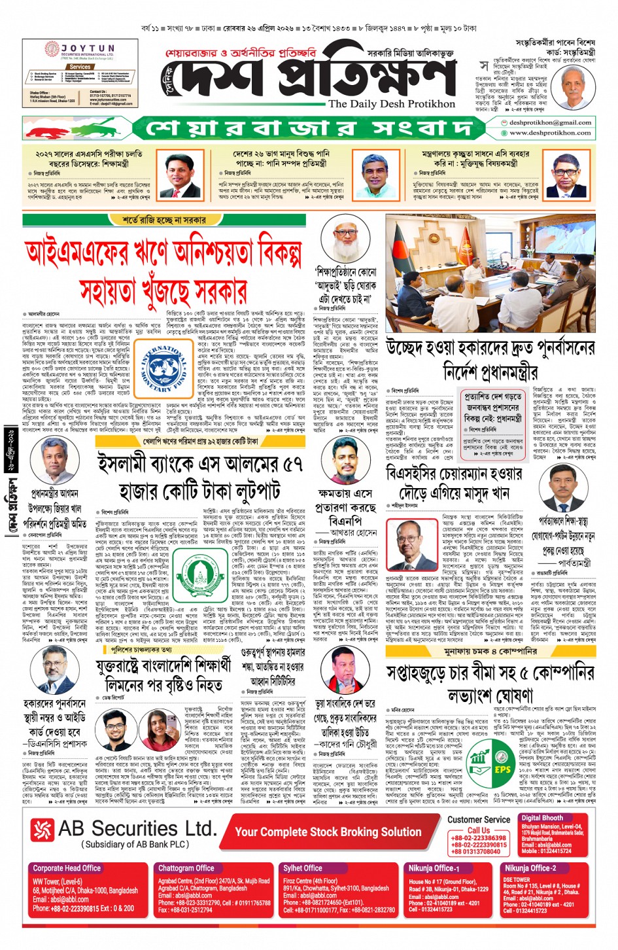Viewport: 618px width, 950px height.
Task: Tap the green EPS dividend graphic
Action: pyautogui.click(x=490, y=763)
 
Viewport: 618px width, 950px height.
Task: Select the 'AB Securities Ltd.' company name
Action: pyautogui.click(x=137, y=828)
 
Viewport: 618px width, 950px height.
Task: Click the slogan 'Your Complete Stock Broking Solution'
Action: pyautogui.click(x=328, y=832)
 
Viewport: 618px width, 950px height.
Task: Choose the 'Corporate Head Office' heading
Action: pyautogui.click(x=67, y=868)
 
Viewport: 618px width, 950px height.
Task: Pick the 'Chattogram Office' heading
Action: pyautogui.click(x=186, y=868)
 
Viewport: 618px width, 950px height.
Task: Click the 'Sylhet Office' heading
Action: pyautogui.click(x=302, y=868)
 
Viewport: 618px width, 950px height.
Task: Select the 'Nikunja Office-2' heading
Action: pyautogui.click(x=530, y=868)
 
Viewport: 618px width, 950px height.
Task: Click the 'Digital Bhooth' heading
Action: pyautogui.click(x=542, y=818)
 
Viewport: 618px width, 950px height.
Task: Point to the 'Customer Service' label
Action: pyautogui.click(x=479, y=819)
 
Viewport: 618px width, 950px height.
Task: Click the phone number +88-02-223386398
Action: pyautogui.click(x=479, y=838)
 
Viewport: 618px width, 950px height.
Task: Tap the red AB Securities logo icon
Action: pyautogui.click(x=42, y=830)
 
